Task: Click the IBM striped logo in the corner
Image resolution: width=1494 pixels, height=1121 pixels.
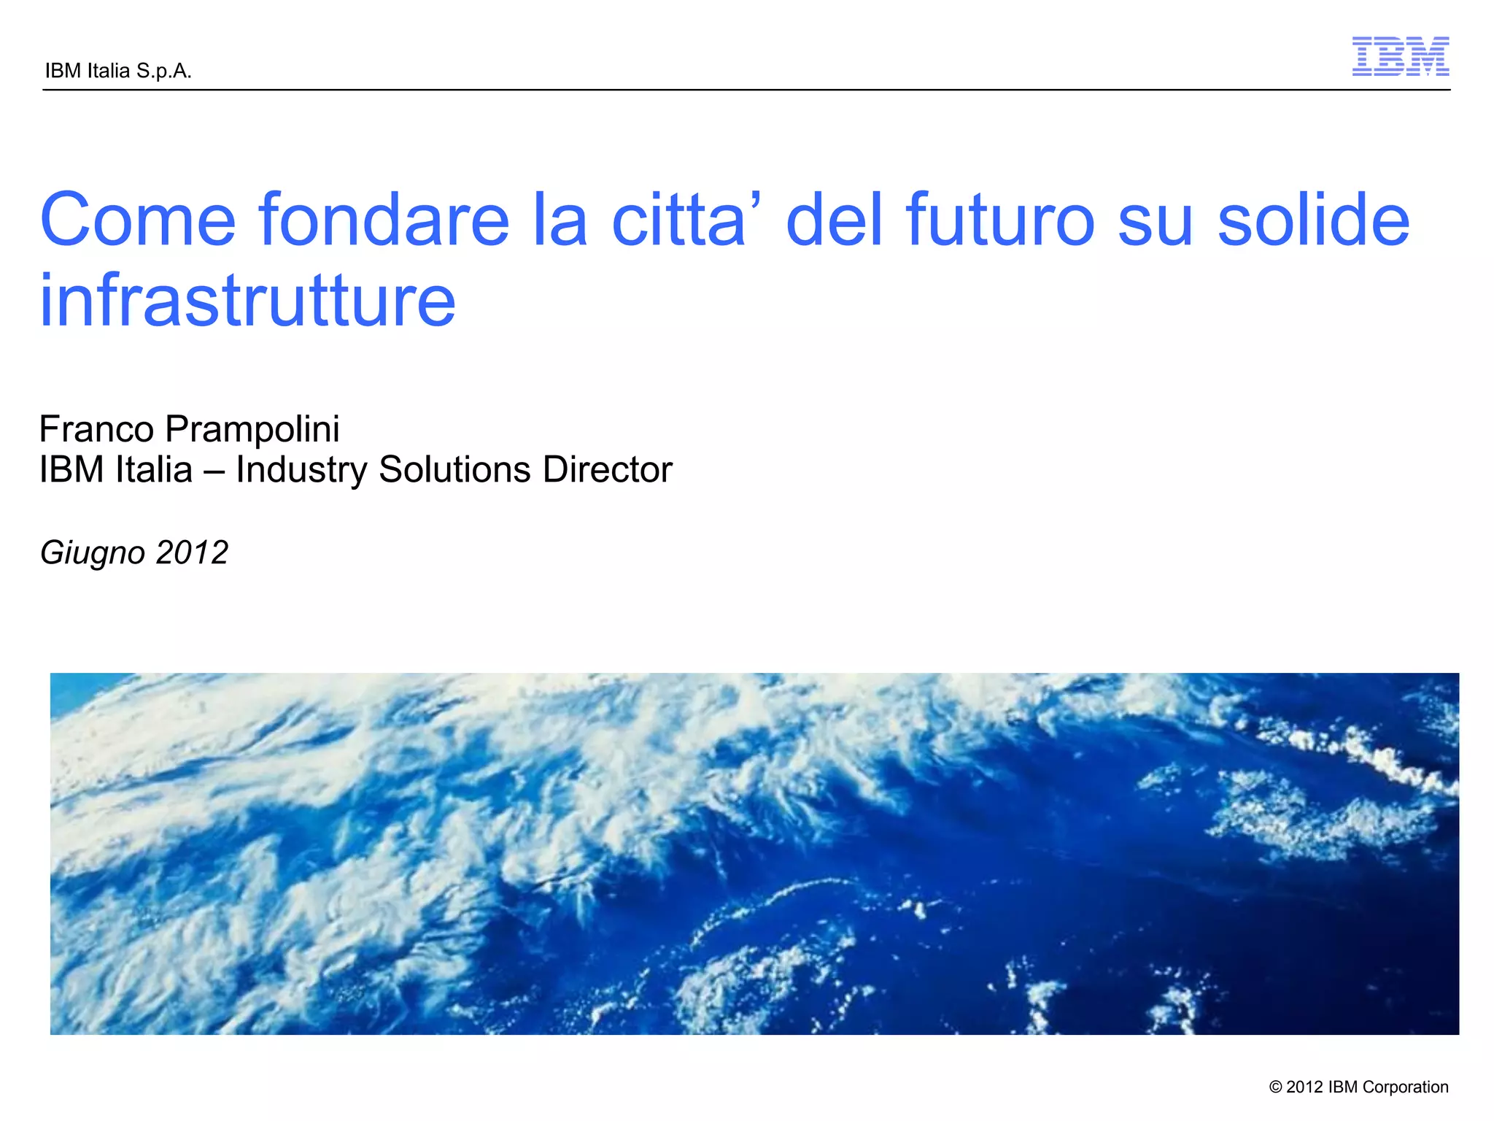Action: [1400, 56]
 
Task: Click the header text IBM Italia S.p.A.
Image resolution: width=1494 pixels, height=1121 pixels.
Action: [118, 71]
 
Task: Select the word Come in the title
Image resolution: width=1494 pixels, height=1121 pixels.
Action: [138, 220]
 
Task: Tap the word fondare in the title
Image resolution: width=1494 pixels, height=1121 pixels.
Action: [384, 220]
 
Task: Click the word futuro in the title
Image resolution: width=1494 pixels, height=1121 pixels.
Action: [1000, 220]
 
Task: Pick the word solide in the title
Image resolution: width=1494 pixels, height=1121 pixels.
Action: [1313, 220]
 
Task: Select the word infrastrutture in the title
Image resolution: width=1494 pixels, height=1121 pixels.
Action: [248, 300]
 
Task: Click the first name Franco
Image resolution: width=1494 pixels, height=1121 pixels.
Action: [96, 428]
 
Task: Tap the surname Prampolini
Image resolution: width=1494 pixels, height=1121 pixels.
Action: [252, 430]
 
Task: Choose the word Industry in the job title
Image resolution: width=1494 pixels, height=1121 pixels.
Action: [301, 470]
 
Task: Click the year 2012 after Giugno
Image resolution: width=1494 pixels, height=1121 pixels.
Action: [192, 552]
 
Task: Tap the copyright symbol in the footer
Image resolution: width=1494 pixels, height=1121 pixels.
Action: [1276, 1087]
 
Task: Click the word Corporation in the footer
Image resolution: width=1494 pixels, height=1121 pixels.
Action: [1406, 1087]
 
